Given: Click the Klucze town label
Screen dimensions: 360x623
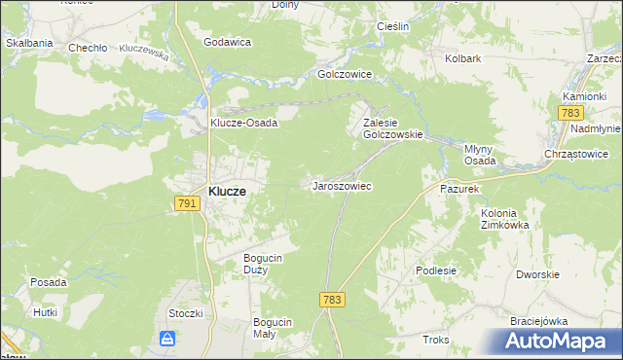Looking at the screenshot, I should point(226,193).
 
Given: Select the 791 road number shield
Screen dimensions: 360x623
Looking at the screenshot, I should point(188,203).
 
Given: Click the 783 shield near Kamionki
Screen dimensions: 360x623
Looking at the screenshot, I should point(571,115).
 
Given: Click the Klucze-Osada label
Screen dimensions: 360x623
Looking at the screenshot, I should point(245,124).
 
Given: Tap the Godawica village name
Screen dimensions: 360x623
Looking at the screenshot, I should point(228,43).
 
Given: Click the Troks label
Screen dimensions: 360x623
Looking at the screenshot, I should point(435,340).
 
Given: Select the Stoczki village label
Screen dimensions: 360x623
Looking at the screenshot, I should point(185,313).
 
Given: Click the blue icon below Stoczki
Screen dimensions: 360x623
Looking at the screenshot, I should point(168,339).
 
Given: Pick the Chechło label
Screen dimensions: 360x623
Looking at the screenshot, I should point(87,47).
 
